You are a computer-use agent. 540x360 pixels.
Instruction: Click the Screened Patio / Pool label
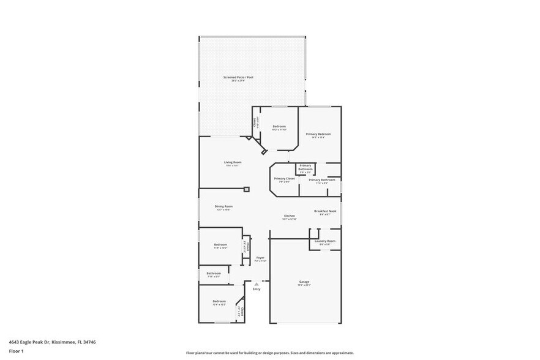(x=238, y=77)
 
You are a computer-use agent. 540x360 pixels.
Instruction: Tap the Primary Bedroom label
(x=318, y=134)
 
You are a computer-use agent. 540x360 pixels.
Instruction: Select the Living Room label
(x=233, y=162)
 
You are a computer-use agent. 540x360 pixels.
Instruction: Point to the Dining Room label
(x=223, y=206)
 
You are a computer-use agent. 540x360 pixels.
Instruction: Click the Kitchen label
(x=290, y=216)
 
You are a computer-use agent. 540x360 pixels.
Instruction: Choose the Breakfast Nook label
(x=325, y=211)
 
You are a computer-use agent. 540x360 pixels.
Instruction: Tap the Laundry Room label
(x=325, y=241)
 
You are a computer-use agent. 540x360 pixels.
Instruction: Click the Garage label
(x=304, y=282)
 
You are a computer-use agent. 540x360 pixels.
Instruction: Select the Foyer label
(x=260, y=258)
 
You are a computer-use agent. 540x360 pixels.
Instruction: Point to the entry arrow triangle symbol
(x=257, y=283)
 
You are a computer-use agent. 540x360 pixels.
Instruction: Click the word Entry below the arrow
(x=257, y=289)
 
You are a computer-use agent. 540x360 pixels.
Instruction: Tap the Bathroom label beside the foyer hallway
(x=214, y=273)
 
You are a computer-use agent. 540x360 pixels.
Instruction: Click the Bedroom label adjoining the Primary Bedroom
(x=279, y=127)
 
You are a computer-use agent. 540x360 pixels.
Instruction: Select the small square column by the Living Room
(x=247, y=189)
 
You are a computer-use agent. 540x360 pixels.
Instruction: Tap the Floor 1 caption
(x=16, y=351)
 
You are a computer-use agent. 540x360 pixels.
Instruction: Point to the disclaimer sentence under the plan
(x=269, y=353)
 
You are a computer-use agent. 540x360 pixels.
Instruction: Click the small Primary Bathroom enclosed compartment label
(x=306, y=167)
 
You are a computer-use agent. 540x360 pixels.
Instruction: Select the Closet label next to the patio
(x=255, y=122)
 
